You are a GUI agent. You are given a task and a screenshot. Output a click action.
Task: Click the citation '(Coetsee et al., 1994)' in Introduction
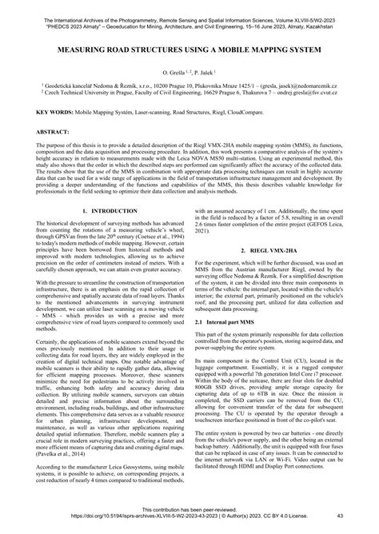coord(158,260)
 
